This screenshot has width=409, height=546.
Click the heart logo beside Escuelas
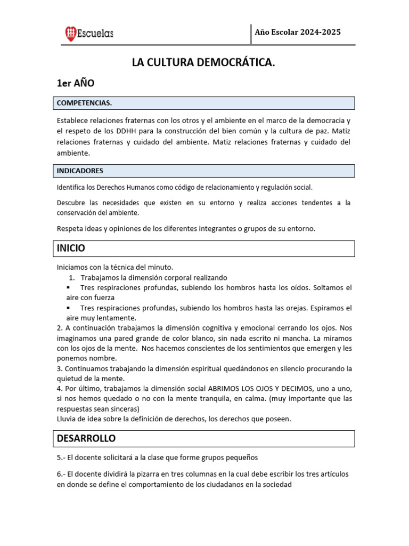pyautogui.click(x=70, y=34)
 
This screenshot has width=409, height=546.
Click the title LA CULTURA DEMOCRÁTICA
pyautogui.click(x=204, y=63)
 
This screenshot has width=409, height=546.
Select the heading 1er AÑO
pyautogui.click(x=76, y=83)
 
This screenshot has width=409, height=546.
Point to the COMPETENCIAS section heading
pyautogui.click(x=84, y=103)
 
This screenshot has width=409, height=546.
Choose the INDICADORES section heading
pyautogui.click(x=80, y=171)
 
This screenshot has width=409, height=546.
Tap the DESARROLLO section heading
pyautogui.click(x=86, y=438)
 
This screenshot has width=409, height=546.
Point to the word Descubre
pyautogui.click(x=72, y=203)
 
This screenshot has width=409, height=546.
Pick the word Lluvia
pyautogui.click(x=67, y=419)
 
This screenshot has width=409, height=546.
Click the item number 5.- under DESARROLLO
pyautogui.click(x=61, y=457)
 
